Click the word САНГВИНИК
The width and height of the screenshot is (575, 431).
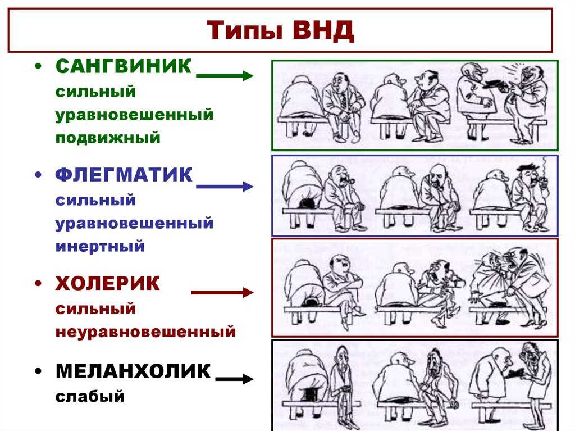point(124,66)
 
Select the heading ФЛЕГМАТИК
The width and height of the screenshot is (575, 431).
point(124,175)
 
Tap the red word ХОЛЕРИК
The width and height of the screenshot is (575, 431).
point(107,283)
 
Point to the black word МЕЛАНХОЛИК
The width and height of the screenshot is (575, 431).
point(133,371)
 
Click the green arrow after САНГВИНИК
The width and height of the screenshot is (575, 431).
point(225,76)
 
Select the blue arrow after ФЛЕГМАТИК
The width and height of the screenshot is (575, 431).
point(225,186)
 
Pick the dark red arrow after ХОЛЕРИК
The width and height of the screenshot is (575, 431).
point(222,293)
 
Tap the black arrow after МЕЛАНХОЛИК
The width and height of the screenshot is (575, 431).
point(234,379)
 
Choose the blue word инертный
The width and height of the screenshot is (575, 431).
point(100,246)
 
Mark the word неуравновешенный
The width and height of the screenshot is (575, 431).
point(145,332)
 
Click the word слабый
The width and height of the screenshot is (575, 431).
point(90,397)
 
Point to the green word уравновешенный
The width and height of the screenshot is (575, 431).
point(134,115)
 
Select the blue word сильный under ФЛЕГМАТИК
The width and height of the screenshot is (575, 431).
point(95,201)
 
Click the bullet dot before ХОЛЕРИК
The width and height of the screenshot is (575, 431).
point(38,284)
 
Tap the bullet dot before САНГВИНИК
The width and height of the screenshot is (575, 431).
point(38,67)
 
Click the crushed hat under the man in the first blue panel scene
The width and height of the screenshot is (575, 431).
point(307,202)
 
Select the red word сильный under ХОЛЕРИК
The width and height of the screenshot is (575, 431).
point(95,308)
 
